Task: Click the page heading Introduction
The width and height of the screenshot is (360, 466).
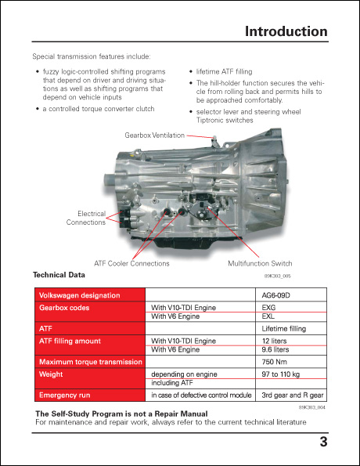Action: [286, 32]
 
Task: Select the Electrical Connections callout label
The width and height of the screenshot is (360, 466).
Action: [85, 218]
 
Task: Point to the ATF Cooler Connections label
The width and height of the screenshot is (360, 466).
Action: [131, 264]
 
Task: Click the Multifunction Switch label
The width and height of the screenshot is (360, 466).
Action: [260, 264]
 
